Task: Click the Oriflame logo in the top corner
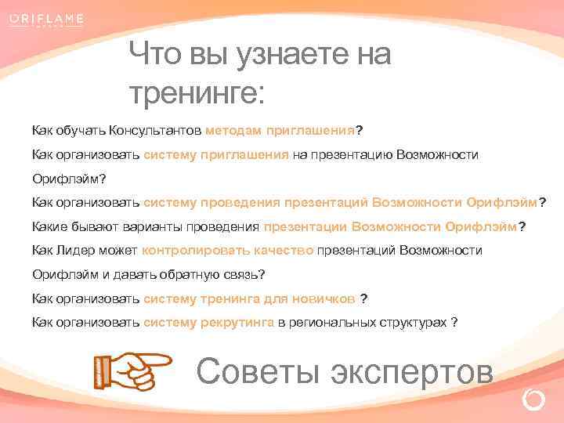pyautogui.click(x=48, y=19)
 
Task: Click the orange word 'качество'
pyautogui.click(x=284, y=251)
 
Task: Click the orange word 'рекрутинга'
pyautogui.click(x=237, y=322)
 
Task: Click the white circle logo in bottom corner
pyautogui.click(x=533, y=400)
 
